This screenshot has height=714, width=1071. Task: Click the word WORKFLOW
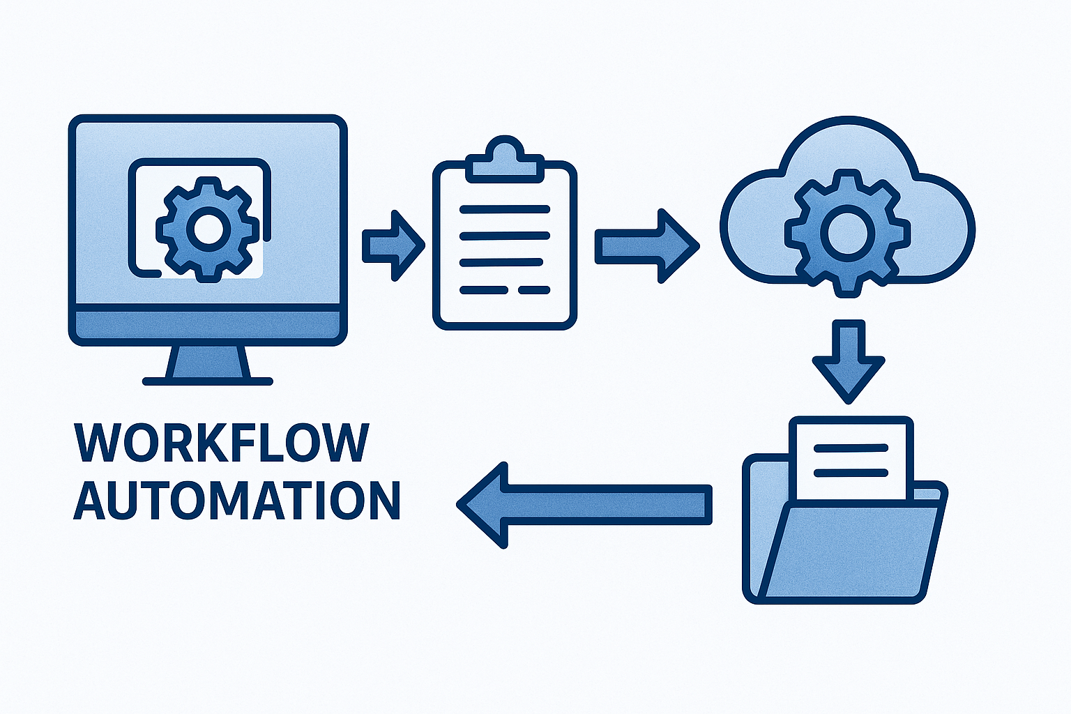point(221,442)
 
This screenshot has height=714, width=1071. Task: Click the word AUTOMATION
point(236,500)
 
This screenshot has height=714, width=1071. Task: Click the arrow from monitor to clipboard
point(393,245)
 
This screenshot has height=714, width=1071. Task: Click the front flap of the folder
point(851,551)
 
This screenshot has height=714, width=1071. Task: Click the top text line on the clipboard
point(505,209)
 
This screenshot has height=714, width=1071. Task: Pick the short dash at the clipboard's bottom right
point(535,289)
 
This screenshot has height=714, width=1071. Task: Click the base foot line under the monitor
point(208,381)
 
